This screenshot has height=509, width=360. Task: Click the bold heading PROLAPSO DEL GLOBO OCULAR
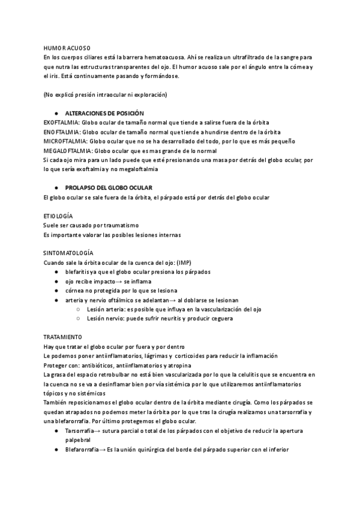[109, 188]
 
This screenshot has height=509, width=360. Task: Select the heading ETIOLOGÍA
[59, 215]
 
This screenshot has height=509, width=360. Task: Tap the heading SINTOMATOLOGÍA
[68, 253]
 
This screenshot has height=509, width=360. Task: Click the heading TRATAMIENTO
[62, 337]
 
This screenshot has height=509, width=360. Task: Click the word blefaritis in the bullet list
[78, 272]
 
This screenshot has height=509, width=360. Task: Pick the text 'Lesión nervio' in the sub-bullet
[104, 319]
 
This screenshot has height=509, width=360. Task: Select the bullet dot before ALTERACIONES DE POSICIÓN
[55, 113]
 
